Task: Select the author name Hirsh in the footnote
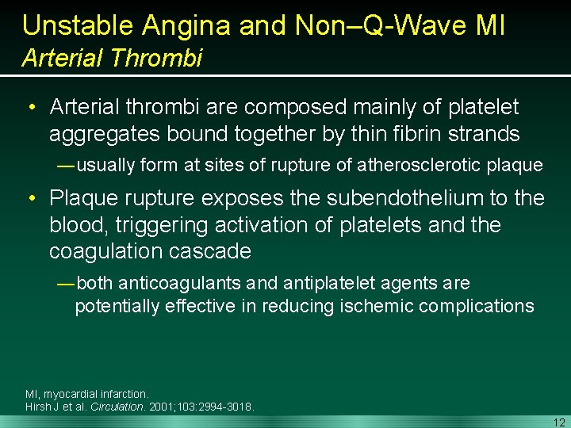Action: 38,407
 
